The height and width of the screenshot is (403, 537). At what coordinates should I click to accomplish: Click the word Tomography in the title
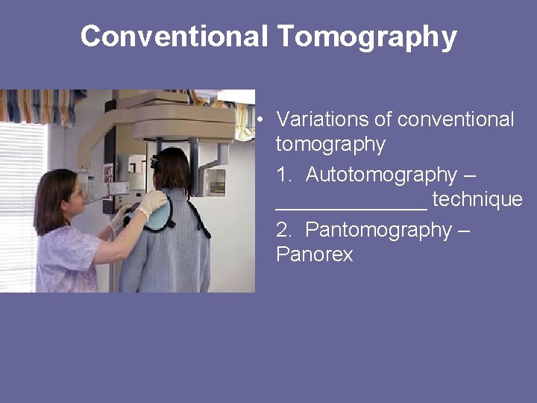pyautogui.click(x=367, y=36)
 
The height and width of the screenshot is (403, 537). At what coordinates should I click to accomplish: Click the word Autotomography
pyautogui.click(x=380, y=175)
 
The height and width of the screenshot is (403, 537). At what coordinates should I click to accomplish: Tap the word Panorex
pyautogui.click(x=314, y=254)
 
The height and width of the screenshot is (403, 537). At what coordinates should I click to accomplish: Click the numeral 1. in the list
pyautogui.click(x=284, y=175)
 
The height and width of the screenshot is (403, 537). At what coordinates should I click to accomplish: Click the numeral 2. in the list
pyautogui.click(x=284, y=230)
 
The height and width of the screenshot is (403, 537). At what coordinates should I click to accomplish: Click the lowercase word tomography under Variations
pyautogui.click(x=330, y=144)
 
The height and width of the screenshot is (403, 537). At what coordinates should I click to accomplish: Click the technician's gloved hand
pyautogui.click(x=152, y=203)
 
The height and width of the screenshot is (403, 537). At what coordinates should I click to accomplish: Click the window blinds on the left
pyautogui.click(x=19, y=201)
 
